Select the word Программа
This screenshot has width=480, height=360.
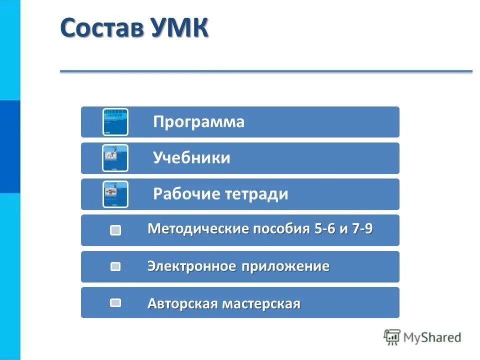199,122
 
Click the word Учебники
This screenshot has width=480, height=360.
191,158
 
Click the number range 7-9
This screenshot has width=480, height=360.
361,229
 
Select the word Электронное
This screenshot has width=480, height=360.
191,266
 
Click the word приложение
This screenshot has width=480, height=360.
285,266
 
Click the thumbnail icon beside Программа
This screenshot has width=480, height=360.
115,122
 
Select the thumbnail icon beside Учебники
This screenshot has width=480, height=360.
115,158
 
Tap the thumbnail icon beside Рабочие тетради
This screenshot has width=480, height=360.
115,194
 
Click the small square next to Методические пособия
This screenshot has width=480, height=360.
115,230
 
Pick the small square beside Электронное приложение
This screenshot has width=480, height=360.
115,266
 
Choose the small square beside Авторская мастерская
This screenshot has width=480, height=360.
115,302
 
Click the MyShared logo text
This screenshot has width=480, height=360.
432,337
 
